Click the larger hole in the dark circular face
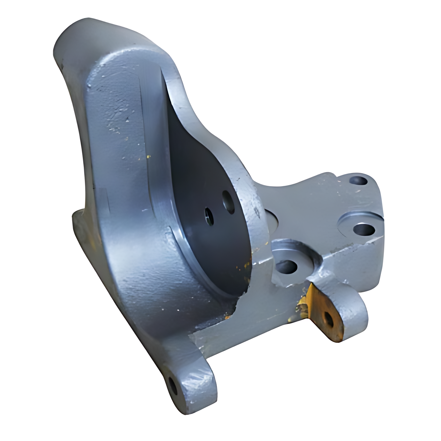(228, 202)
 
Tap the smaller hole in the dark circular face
(209, 217)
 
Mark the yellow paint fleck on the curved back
(149, 157)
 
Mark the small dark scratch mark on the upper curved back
(127, 120)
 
